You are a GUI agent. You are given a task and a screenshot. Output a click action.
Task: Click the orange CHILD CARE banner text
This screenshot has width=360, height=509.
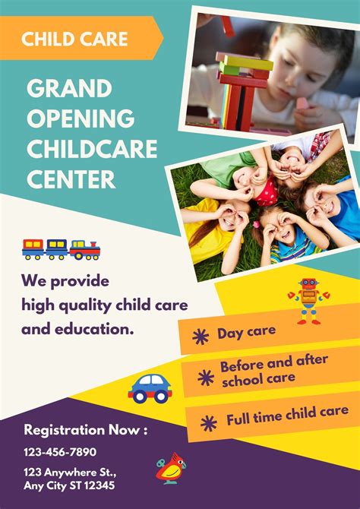click(74, 39)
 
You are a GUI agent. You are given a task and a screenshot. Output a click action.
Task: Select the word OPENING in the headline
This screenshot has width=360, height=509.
click(81, 119)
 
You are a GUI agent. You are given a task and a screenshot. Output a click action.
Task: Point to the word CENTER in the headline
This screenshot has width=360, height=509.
click(71, 179)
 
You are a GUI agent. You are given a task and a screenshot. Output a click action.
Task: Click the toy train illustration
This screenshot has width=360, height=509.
click(61, 248)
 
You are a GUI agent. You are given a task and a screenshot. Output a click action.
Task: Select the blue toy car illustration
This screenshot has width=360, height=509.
click(150, 387)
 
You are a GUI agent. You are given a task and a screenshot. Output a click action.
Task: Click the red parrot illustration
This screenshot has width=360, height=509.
click(169, 469)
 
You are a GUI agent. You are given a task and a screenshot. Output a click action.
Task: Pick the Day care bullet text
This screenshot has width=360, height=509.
click(246, 333)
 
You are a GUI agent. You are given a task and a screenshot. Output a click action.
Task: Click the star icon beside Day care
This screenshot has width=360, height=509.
click(201, 336)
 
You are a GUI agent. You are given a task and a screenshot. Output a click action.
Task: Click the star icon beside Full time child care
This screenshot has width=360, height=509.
click(208, 421)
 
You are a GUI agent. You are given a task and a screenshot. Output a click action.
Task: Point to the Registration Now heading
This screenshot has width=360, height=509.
click(86, 430)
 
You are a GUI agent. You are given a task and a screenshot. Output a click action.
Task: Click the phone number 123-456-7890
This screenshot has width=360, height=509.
click(60, 451)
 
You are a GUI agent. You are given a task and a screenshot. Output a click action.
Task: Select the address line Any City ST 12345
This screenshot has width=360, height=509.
click(69, 485)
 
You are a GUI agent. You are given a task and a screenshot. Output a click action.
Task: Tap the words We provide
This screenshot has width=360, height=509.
click(65, 281)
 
